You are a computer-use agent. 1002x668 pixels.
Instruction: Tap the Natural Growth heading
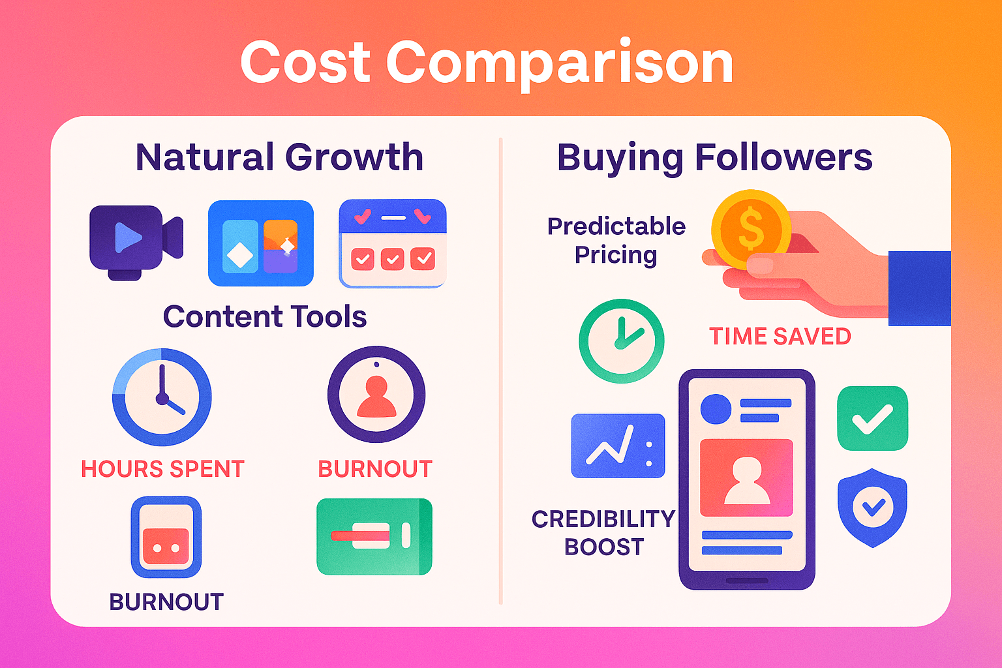click(x=279, y=157)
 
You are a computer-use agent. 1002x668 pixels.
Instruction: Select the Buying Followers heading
click(x=714, y=157)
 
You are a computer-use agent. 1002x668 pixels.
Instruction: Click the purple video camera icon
click(x=135, y=241)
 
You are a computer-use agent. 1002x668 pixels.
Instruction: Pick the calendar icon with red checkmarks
click(x=393, y=243)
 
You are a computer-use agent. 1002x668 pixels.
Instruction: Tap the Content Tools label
click(x=264, y=317)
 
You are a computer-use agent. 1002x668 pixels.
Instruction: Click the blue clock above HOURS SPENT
click(x=162, y=397)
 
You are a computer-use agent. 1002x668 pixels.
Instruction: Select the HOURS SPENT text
click(x=162, y=469)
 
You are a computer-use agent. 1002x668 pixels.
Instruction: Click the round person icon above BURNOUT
click(x=376, y=395)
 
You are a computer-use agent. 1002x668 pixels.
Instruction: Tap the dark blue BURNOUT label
click(x=166, y=601)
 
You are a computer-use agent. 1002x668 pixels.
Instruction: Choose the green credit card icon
click(x=374, y=536)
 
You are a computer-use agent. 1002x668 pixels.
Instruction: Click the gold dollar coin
click(x=750, y=229)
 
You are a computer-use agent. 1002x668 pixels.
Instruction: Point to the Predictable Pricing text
click(x=616, y=240)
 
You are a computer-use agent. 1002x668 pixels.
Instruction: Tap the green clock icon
click(x=621, y=341)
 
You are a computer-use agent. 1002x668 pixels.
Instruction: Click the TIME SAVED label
click(x=780, y=337)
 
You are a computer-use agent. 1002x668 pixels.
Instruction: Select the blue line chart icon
click(x=618, y=446)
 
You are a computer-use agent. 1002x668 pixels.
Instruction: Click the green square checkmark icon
click(x=872, y=418)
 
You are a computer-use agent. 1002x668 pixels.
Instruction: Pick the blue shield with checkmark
click(x=872, y=507)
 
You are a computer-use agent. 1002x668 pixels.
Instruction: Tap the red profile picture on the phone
click(x=746, y=478)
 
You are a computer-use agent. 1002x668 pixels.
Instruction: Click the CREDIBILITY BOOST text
click(x=603, y=532)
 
